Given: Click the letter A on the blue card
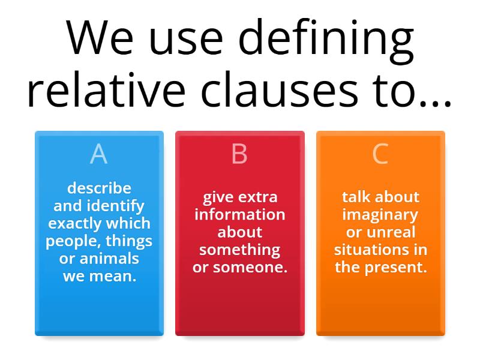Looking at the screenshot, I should point(98,154).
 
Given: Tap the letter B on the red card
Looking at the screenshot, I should point(239,154).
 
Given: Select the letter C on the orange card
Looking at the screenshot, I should point(380,154).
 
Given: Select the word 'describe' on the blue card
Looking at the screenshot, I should point(99,188).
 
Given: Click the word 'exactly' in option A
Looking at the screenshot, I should point(76,224).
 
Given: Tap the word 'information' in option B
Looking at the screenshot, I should point(240,214).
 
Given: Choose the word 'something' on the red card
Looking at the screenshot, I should point(240,250).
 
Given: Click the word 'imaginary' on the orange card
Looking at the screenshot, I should point(380,214).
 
